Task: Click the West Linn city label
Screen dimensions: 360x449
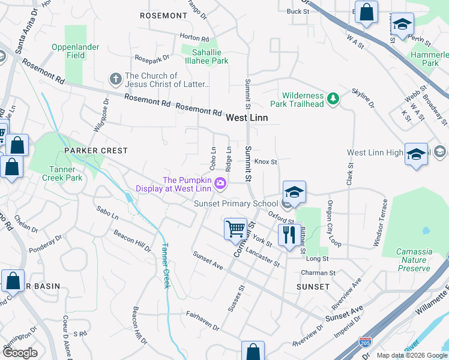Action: (247, 118)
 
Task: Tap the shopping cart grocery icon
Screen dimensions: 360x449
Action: (235, 229)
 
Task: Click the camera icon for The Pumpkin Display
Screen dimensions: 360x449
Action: (221, 183)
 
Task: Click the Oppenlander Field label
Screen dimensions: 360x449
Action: (74, 51)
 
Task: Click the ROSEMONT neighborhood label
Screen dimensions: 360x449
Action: (163, 15)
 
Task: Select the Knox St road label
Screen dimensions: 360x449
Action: (265, 162)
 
